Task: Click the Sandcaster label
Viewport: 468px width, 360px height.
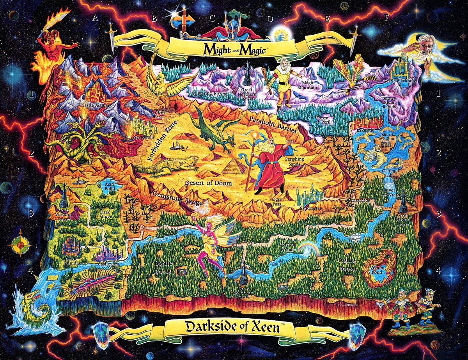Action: (310, 209)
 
